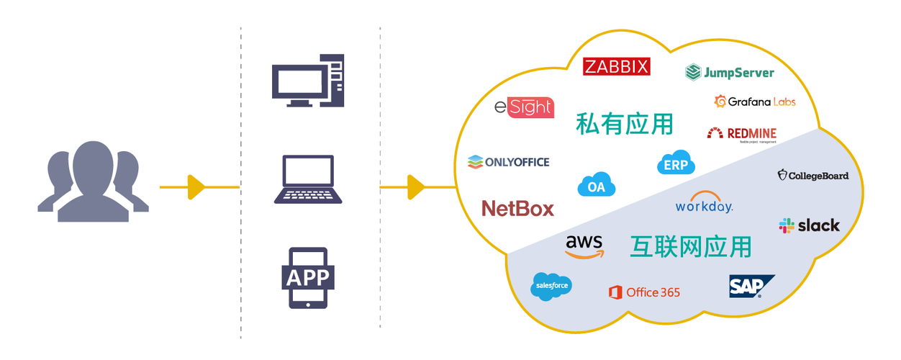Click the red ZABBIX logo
(617, 67)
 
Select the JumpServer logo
(730, 72)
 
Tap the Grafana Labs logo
(755, 102)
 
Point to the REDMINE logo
(741, 133)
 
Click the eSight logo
(524, 107)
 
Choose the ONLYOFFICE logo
(508, 162)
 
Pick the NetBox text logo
(517, 209)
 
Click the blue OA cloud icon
(597, 185)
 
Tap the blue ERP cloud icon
(676, 163)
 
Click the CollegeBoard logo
(813, 175)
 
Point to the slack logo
(810, 225)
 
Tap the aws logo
(584, 246)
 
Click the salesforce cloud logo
(552, 286)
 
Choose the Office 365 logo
(644, 292)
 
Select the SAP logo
(751, 286)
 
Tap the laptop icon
(308, 179)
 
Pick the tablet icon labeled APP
(308, 278)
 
